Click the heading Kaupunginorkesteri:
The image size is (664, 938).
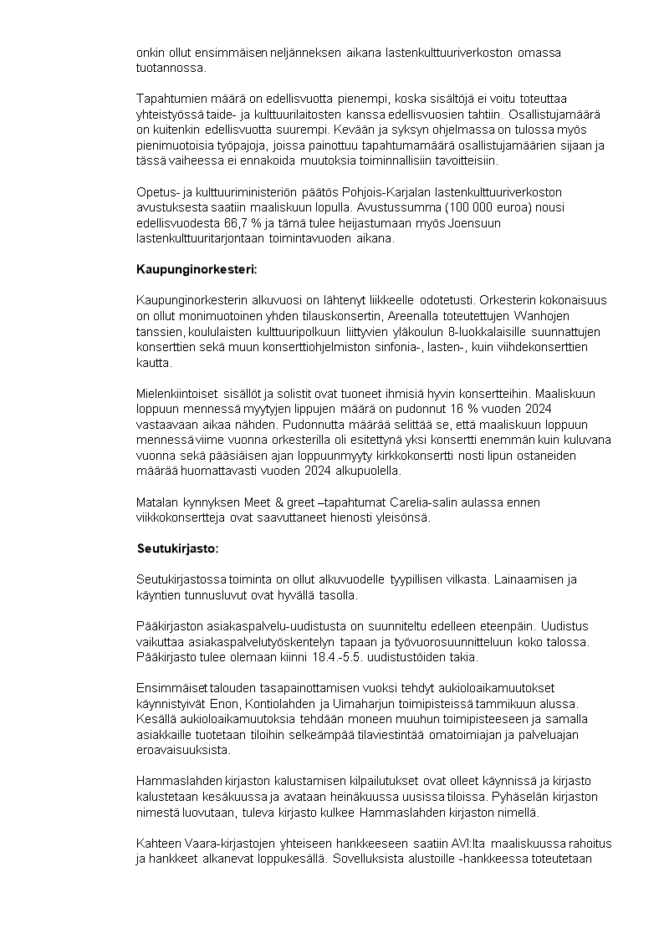pyautogui.click(x=197, y=269)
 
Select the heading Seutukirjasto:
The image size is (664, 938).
pyautogui.click(x=177, y=549)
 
